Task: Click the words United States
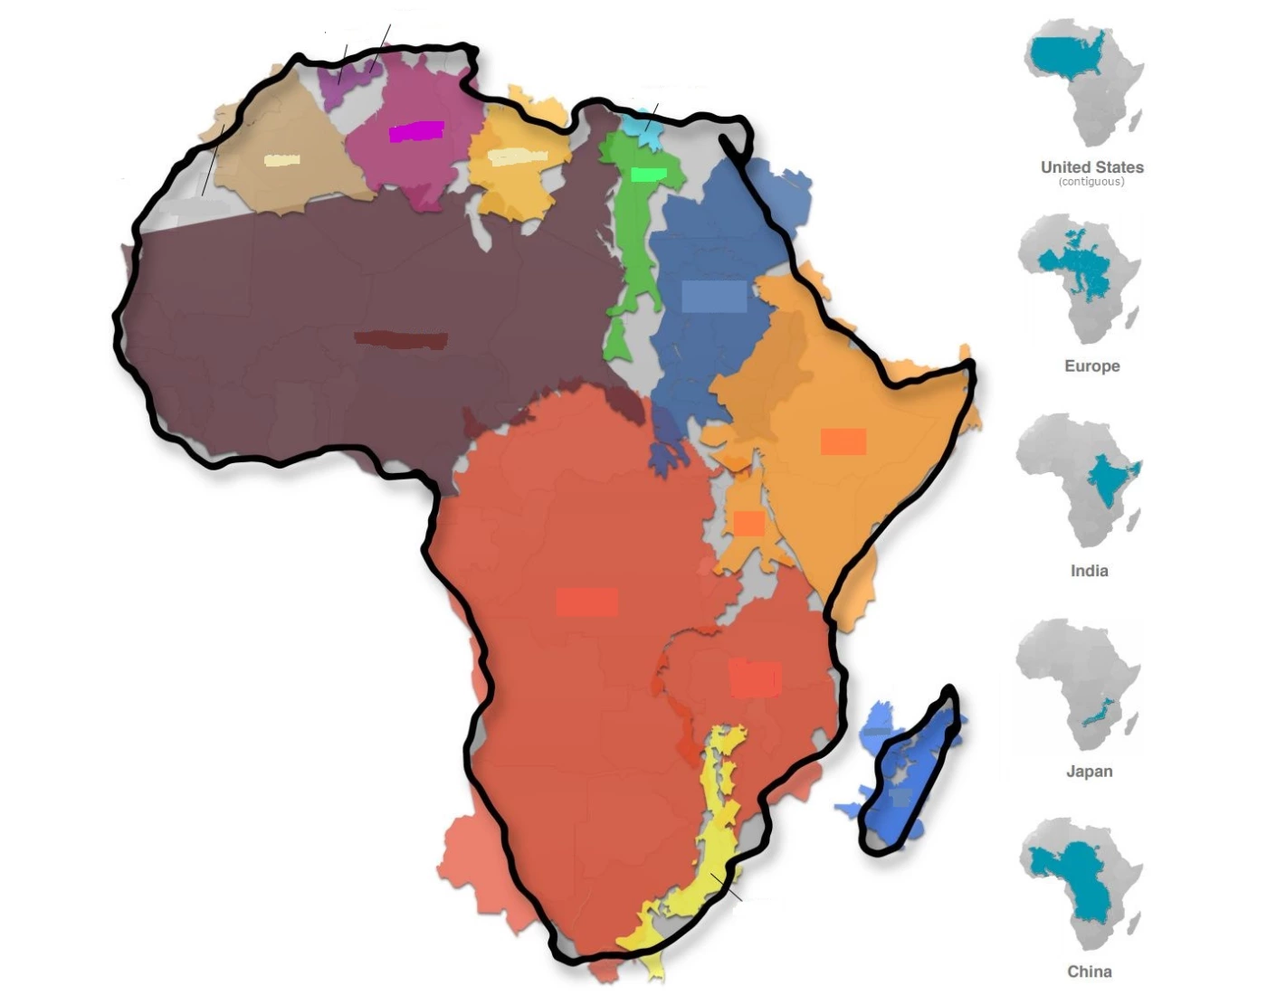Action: coord(1091,167)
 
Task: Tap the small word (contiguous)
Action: coord(1091,182)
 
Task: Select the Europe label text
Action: coord(1091,366)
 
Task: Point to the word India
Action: coord(1089,571)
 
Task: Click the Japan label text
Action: coord(1089,772)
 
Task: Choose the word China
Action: coord(1089,971)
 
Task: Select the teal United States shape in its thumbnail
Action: coord(1068,56)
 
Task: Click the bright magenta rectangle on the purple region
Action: coord(416,132)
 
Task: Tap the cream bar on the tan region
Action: coord(281,161)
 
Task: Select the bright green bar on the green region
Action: coord(648,174)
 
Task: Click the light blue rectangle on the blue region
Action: coord(714,297)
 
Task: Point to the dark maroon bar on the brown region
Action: coord(401,340)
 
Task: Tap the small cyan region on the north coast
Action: coord(646,129)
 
